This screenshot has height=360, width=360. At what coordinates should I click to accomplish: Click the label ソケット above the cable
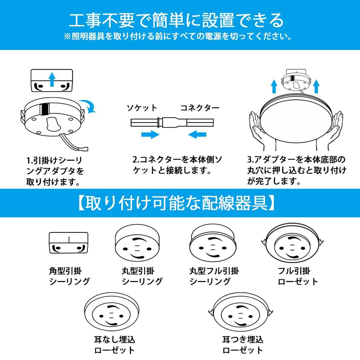[142, 108]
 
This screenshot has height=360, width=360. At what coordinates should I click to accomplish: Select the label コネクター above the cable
[200, 108]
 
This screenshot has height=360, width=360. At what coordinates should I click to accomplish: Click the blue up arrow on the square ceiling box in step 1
[52, 79]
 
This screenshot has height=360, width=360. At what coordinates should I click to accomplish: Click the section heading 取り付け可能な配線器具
[177, 203]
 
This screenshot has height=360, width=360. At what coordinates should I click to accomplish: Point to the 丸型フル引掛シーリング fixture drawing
[214, 245]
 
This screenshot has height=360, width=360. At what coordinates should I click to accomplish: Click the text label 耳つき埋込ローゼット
[243, 345]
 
